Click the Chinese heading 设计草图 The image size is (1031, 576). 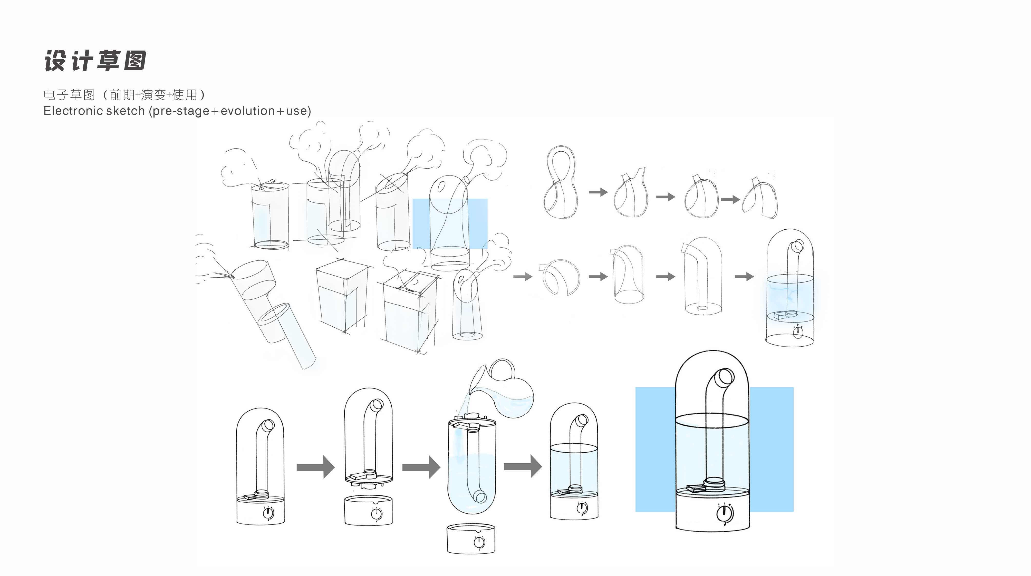click(x=95, y=61)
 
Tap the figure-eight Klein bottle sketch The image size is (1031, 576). click(x=560, y=182)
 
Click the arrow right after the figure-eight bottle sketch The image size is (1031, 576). click(x=598, y=192)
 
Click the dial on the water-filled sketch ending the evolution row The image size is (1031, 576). click(x=798, y=332)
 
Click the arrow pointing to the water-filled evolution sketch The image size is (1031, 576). click(x=744, y=276)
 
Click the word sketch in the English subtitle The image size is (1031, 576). click(x=127, y=111)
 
